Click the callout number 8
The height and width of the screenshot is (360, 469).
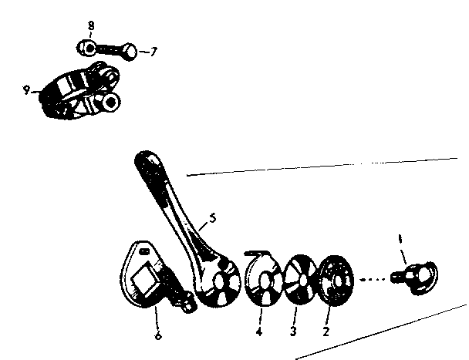coord(91,25)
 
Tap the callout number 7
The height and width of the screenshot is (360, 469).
coord(154,52)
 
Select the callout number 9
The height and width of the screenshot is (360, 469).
coord(27,89)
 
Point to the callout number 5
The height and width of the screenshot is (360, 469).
coord(212,218)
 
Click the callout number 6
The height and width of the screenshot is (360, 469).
coord(158,336)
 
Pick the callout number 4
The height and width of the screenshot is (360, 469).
coord(259,331)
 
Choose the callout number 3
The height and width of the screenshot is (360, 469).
coord(293,331)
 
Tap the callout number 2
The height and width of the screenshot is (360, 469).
coord(326,331)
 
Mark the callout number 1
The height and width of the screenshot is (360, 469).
coord(400,239)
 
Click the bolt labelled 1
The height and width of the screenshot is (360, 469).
coord(416,278)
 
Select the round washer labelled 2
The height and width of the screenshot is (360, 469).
coord(335,281)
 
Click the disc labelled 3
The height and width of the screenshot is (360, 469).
coord(300,280)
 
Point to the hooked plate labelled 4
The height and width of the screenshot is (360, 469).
coord(263,278)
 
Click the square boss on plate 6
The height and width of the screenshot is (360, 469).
coord(147,278)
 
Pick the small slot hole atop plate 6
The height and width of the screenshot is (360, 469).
coord(145,251)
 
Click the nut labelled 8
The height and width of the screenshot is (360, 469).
coord(86,48)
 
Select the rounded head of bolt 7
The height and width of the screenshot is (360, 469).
coord(130,52)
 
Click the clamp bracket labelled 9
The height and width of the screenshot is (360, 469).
coord(80,91)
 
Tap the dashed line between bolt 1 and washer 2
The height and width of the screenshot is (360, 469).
coord(373,280)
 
